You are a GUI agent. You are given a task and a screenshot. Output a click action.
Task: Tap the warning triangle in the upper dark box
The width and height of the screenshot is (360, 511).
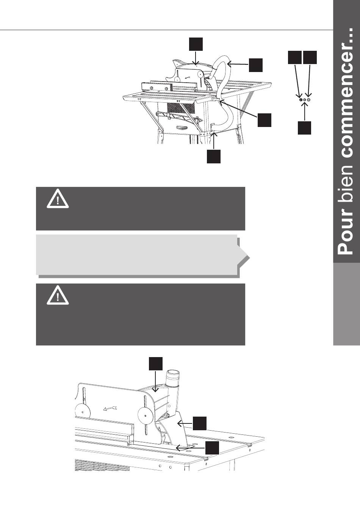[x=58, y=199]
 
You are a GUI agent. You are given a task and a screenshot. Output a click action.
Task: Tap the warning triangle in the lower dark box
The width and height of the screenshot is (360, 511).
[x=58, y=295]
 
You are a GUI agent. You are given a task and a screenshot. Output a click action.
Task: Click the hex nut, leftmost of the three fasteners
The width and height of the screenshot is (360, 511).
[x=301, y=100]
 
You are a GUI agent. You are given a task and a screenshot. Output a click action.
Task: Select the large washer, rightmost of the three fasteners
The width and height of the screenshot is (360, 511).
[x=309, y=100]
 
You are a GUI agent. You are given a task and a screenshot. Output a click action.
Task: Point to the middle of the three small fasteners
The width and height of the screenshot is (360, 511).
[x=305, y=100]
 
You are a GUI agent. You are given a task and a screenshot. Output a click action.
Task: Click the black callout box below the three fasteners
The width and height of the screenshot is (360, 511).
[x=304, y=128]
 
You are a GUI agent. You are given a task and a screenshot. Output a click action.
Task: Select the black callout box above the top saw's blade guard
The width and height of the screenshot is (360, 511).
[x=196, y=44]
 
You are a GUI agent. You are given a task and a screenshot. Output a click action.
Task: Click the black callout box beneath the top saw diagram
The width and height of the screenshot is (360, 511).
[x=214, y=157]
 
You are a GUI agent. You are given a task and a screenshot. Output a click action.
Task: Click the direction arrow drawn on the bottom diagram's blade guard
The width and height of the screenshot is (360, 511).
[x=110, y=408]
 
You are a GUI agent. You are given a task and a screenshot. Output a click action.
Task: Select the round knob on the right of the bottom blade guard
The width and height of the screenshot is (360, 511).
[x=146, y=417]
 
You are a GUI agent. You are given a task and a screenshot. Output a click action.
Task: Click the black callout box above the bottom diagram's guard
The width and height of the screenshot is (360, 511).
[x=156, y=364]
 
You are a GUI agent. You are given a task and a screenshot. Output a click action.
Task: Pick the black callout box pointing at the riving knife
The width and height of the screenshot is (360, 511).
[x=200, y=423]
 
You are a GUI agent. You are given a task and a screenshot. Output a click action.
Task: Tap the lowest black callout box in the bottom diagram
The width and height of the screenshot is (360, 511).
[x=212, y=448]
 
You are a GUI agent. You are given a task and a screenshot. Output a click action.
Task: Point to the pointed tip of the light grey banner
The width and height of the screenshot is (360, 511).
[x=250, y=258]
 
